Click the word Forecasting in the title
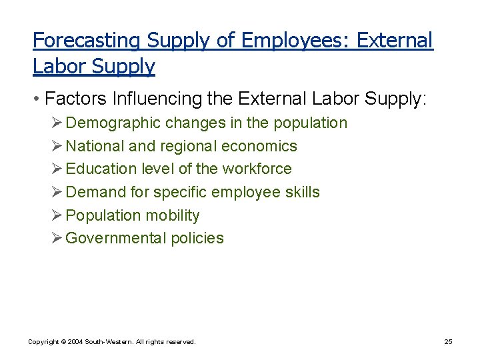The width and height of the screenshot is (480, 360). [87, 41]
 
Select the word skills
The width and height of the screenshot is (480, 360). [303, 193]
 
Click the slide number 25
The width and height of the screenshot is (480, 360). [448, 342]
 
